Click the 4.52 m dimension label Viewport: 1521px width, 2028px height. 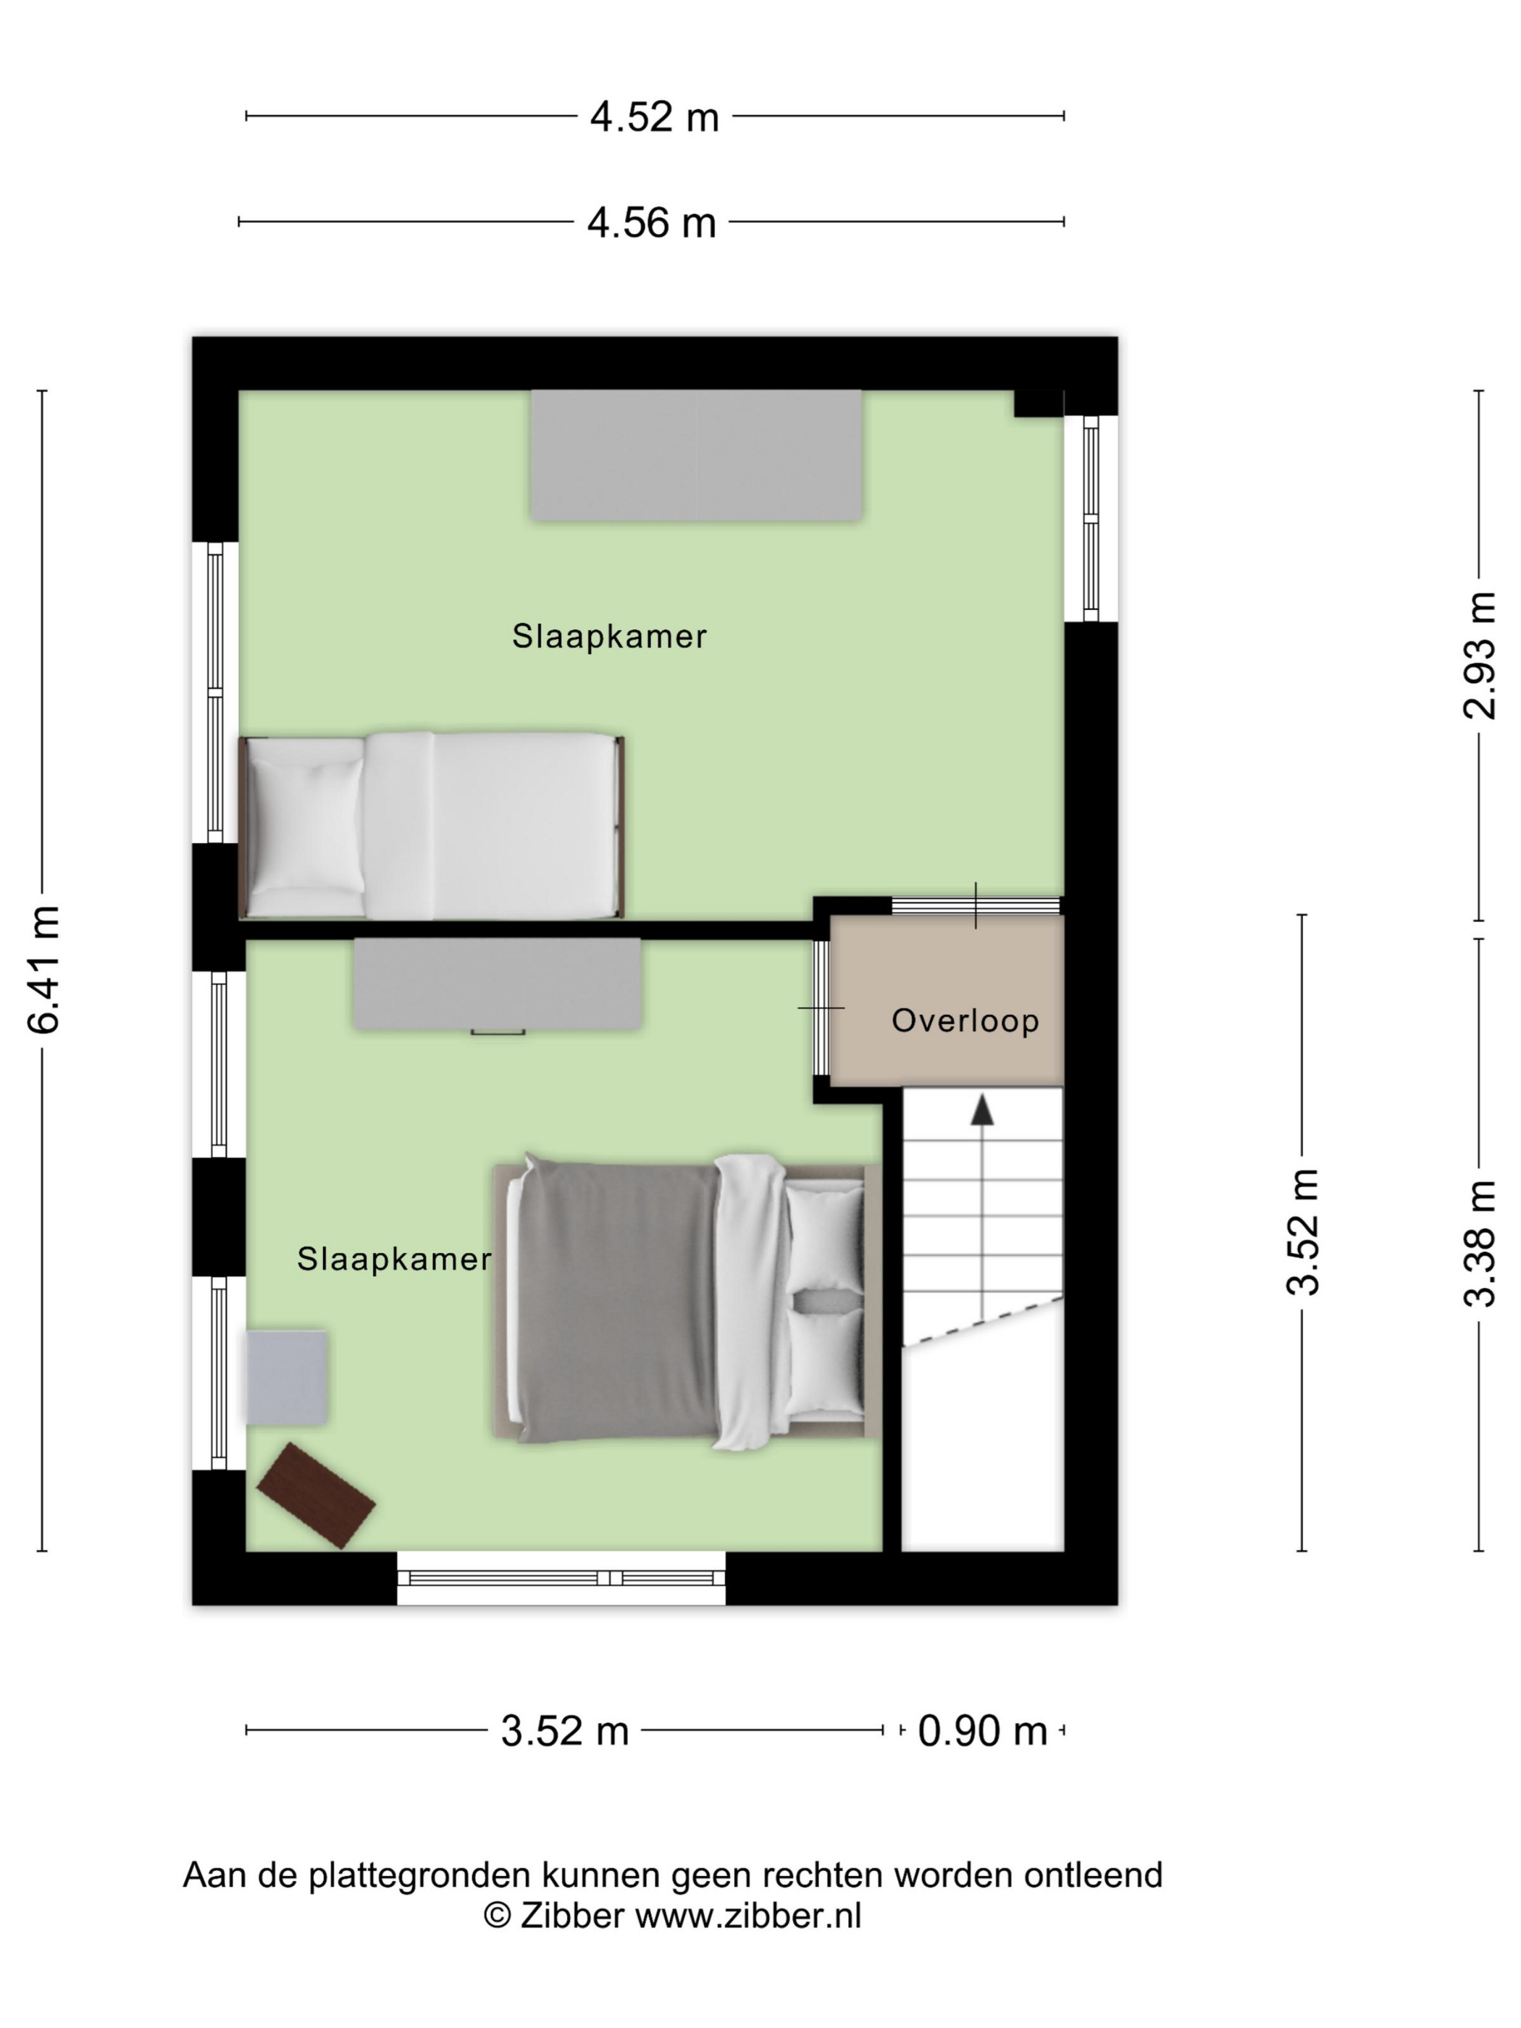pyautogui.click(x=654, y=117)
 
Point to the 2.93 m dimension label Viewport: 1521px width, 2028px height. pyautogui.click(x=1479, y=655)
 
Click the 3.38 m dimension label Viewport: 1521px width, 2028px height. pyautogui.click(x=1479, y=1242)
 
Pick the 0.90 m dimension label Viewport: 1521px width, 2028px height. pyautogui.click(x=982, y=1731)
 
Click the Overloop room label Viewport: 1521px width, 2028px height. pyautogui.click(x=965, y=1021)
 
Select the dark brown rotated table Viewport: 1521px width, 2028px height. pyautogui.click(x=315, y=1496)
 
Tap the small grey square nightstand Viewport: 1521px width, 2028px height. pyautogui.click(x=287, y=1378)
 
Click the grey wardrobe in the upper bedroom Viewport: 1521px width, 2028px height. pyautogui.click(x=696, y=456)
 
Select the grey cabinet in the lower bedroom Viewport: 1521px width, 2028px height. pyautogui.click(x=497, y=984)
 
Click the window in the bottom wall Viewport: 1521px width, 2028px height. pyautogui.click(x=561, y=1577)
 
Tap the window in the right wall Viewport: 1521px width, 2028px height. pyautogui.click(x=1090, y=519)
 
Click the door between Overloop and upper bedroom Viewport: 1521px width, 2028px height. pyautogui.click(x=976, y=906)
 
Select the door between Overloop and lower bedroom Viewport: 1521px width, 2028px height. pyautogui.click(x=821, y=1007)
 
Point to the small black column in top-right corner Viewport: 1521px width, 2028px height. pyautogui.click(x=1039, y=403)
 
